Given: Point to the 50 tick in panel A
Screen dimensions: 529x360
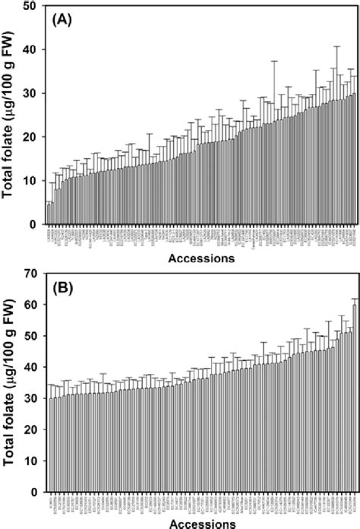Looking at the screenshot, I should point(33,6).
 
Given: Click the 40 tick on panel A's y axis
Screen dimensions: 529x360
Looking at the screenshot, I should point(33,49).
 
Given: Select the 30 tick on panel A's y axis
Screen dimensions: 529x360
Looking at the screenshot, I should point(33,93).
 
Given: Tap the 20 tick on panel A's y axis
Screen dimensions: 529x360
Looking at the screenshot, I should point(33,137).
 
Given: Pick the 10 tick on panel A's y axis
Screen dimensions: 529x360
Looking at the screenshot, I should point(33,181).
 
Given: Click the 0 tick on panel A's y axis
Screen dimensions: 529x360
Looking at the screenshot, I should point(36,224).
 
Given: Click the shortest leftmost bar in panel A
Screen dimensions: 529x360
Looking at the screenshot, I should point(49,214).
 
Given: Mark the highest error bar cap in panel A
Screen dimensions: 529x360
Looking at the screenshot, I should point(336,46).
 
